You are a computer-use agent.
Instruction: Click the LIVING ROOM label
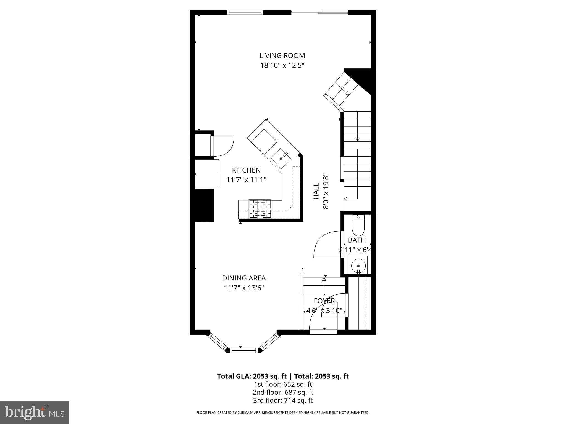(x=282, y=55)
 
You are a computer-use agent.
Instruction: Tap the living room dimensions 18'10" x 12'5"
(x=282, y=66)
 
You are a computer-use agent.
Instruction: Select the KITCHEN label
(x=246, y=170)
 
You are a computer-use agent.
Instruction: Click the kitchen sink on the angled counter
(x=281, y=159)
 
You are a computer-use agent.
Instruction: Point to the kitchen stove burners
(x=260, y=208)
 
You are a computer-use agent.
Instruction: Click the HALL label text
(x=316, y=191)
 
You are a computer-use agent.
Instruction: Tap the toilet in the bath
(x=358, y=226)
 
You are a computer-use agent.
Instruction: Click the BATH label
(x=357, y=240)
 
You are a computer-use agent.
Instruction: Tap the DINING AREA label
(x=244, y=278)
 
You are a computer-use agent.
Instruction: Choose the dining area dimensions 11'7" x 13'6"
(x=244, y=288)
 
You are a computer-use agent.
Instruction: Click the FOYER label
(x=324, y=301)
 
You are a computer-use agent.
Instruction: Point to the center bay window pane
(x=244, y=350)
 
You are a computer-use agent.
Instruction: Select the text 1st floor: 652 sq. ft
(x=283, y=384)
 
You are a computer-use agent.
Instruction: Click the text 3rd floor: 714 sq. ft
(x=283, y=400)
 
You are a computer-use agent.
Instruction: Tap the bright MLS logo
(x=34, y=413)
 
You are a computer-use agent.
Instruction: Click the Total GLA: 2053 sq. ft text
(x=252, y=376)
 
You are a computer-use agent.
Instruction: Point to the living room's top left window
(x=245, y=12)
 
